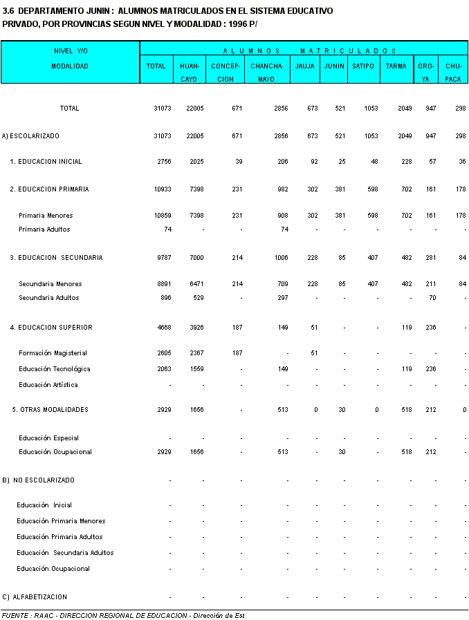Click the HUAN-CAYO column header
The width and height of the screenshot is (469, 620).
click(x=190, y=73)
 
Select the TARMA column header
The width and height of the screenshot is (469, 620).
click(x=396, y=66)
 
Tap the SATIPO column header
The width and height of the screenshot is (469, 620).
click(x=363, y=66)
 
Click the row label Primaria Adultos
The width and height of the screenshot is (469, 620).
click(x=44, y=229)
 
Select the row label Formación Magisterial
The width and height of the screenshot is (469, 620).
click(x=53, y=353)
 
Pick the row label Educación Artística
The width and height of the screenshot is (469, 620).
click(x=48, y=385)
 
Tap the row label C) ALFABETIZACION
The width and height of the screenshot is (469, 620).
click(x=35, y=597)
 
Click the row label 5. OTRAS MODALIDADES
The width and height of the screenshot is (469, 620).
click(x=50, y=410)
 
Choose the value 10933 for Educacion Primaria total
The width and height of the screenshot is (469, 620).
click(x=163, y=189)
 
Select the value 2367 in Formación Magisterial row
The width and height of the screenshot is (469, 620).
click(x=196, y=353)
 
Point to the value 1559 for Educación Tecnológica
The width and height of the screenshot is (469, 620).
click(x=196, y=369)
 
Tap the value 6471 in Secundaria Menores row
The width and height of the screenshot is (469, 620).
click(x=196, y=284)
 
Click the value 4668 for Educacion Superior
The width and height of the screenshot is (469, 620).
click(x=163, y=328)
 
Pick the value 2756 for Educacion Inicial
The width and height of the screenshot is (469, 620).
click(x=163, y=162)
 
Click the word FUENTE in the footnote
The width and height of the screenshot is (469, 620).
click(x=15, y=615)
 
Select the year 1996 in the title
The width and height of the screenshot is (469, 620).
click(x=236, y=24)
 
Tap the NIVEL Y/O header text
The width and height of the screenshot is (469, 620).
click(x=71, y=50)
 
